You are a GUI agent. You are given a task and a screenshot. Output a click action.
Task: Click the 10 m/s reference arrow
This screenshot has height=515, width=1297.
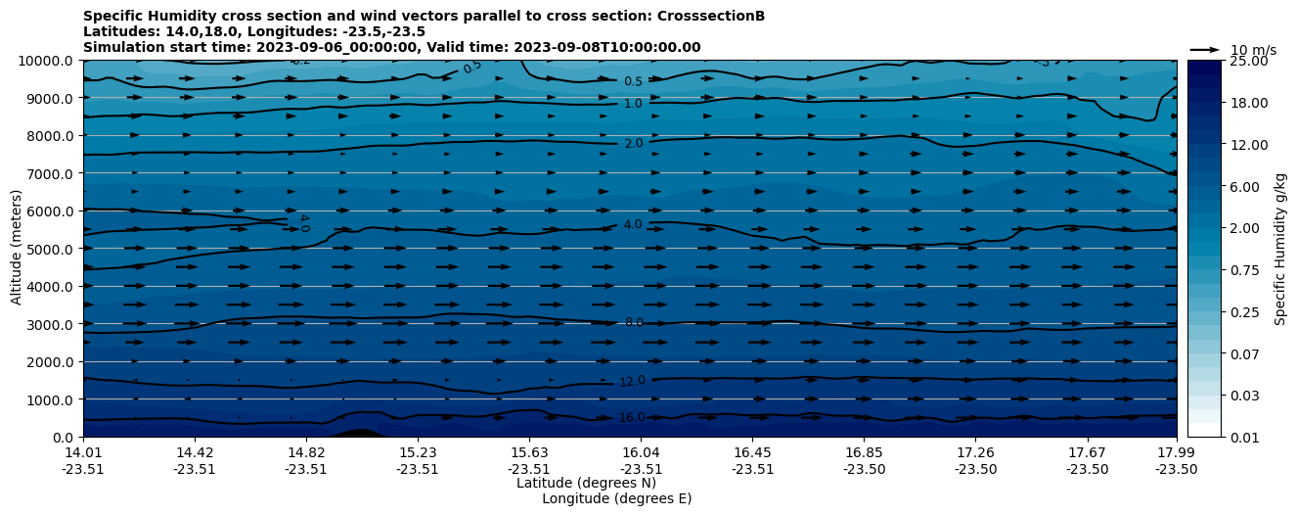1205,49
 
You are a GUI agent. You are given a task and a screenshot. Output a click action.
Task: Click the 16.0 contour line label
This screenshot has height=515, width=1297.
633,418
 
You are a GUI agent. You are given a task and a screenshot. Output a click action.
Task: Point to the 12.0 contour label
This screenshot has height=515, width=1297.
633,381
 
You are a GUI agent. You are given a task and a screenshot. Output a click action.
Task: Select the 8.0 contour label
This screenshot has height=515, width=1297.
634,322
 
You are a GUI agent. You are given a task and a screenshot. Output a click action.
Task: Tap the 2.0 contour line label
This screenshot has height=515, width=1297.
634,143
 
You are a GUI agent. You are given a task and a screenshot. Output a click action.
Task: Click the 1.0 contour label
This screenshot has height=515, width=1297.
633,104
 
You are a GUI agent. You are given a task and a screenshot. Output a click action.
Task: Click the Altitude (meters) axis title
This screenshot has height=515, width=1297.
17,249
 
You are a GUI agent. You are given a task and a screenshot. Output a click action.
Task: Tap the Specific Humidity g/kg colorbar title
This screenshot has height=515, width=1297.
1281,249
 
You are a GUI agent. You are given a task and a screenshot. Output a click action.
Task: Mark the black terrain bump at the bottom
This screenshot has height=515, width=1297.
357,433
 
